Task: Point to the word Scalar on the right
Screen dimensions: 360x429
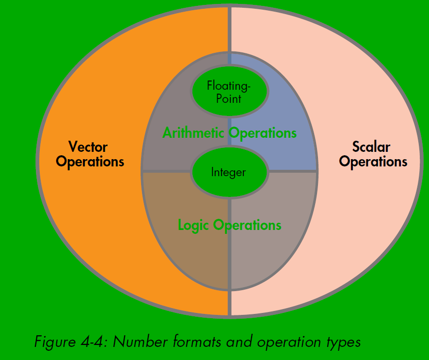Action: click(x=371, y=147)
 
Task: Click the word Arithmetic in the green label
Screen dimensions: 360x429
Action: click(x=194, y=132)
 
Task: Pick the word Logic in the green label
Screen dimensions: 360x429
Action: click(x=194, y=225)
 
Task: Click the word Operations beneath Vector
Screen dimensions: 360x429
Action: click(x=90, y=162)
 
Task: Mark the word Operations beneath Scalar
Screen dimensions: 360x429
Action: click(x=373, y=162)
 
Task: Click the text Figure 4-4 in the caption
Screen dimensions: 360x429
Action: click(x=72, y=342)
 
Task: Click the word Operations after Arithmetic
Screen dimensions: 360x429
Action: click(x=262, y=133)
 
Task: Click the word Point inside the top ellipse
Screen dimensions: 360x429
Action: click(x=229, y=98)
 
